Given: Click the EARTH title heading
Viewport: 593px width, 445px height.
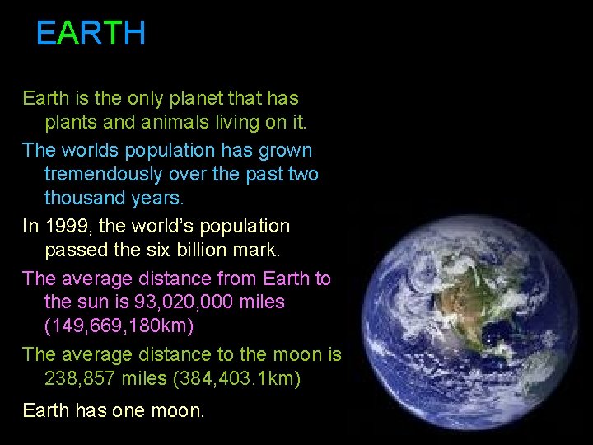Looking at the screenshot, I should tap(91, 34).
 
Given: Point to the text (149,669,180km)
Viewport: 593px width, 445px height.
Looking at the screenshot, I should tap(119, 326).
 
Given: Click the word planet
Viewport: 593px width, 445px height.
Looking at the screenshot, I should tap(194, 99).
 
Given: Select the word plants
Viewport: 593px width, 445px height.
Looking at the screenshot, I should tap(70, 124).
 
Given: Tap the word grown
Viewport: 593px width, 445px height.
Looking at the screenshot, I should tap(285, 150).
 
